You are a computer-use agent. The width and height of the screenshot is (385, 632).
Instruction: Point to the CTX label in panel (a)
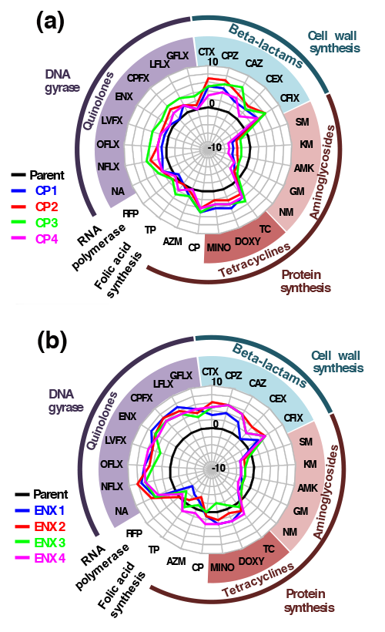click(x=206, y=52)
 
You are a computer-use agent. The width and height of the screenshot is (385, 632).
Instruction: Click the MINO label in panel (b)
click(x=222, y=567)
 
